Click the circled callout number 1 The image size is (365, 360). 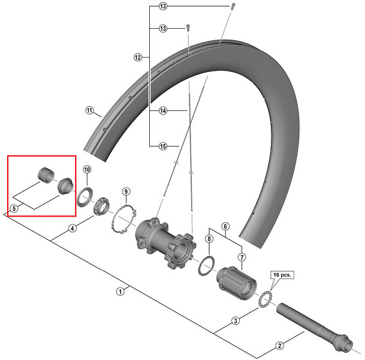pos(120,292)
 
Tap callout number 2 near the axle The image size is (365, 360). pos(279,345)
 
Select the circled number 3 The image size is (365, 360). pos(236,321)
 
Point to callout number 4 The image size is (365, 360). pos(72,228)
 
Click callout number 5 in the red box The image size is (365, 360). pos(13,208)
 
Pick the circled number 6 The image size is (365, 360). pos(225,227)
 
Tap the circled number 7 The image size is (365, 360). pos(242,257)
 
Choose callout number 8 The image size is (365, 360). pos(209,239)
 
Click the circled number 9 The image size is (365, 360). pos(126,191)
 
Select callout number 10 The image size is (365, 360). pos(86,169)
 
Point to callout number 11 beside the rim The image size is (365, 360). pos(90,110)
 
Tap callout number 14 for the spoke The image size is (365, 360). pos(162,110)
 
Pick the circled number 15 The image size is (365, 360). pos(162,146)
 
